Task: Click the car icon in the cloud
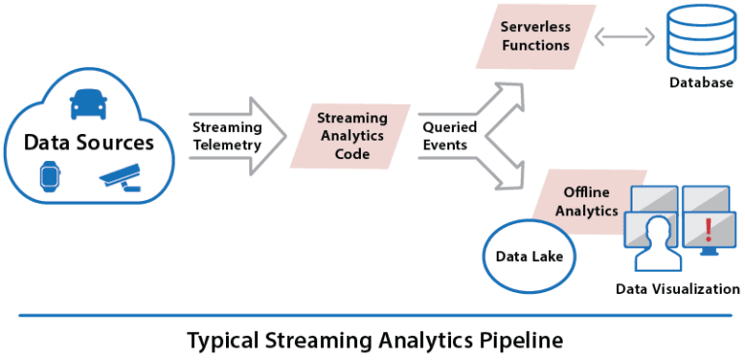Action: [88, 103]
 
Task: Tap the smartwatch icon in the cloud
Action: [49, 177]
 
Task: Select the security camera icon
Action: [120, 177]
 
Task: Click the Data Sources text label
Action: [88, 143]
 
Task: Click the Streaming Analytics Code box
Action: [352, 135]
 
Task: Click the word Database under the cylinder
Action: [700, 84]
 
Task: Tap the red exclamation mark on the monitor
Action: [709, 230]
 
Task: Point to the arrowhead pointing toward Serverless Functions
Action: [510, 90]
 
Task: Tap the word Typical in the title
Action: [222, 341]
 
